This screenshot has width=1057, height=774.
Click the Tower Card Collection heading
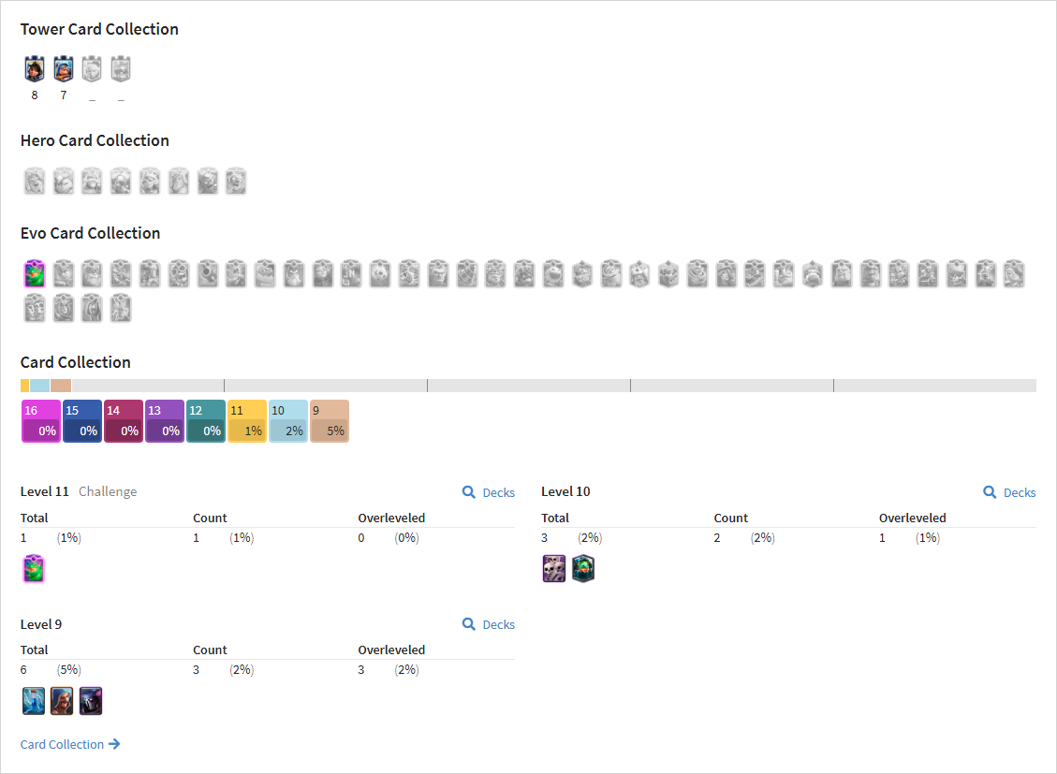[x=99, y=29]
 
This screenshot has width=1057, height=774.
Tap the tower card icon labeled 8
[x=35, y=68]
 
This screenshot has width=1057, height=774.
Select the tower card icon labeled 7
[x=64, y=68]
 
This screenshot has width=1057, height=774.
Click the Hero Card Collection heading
[x=95, y=140]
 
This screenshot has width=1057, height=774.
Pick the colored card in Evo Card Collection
[x=35, y=273]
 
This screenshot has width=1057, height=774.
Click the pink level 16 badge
[x=41, y=421]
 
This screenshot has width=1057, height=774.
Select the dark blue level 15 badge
[x=82, y=421]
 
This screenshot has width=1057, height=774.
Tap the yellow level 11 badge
[x=247, y=421]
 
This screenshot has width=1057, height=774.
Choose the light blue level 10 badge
[x=287, y=421]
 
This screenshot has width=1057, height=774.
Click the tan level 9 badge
[x=330, y=421]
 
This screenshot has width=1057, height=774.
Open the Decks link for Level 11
[x=489, y=492]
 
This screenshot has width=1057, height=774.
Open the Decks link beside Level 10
[x=1009, y=492]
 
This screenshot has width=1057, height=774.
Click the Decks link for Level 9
[x=489, y=624]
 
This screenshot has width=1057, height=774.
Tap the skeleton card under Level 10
[x=554, y=568]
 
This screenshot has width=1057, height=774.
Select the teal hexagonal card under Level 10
[x=583, y=568]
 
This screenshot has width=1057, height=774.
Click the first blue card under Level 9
[x=34, y=701]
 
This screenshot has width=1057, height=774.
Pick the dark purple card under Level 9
[x=91, y=701]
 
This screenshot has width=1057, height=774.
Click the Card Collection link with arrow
[x=70, y=744]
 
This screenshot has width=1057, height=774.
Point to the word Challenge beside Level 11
[x=108, y=491]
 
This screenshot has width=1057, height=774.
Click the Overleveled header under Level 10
[x=913, y=518]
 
